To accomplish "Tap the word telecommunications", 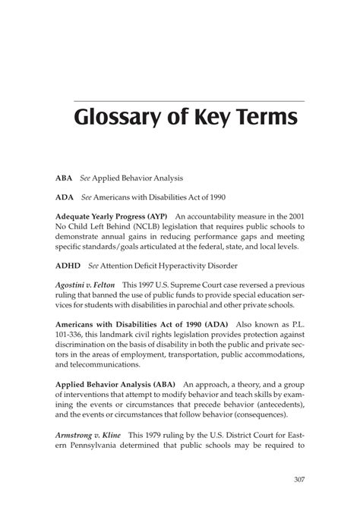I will click(102, 364).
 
